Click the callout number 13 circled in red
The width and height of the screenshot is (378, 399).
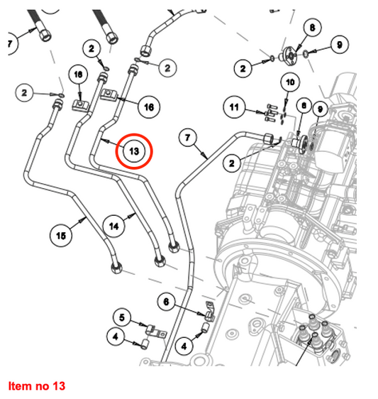tap(134, 151)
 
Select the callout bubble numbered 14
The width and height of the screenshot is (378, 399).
tap(114, 226)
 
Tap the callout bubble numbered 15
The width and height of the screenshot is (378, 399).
tap(61, 236)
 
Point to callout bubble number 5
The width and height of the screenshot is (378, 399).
tap(122, 317)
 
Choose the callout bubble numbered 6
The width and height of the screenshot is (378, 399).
tap(166, 302)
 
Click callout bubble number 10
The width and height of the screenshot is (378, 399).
tap(290, 82)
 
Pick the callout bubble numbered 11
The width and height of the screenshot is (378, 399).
tap(234, 107)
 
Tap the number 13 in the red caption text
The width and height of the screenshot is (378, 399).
tap(59, 386)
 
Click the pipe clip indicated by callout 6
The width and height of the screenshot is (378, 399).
tap(210, 311)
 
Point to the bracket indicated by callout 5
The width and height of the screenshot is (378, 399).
tap(155, 332)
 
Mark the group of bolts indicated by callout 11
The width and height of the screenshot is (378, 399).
tap(270, 113)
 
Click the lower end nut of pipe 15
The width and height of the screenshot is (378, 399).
tap(117, 268)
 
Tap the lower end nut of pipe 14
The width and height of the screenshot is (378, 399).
tap(160, 261)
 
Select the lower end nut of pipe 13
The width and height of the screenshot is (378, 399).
tap(174, 247)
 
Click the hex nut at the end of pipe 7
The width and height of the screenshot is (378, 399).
tap(269, 139)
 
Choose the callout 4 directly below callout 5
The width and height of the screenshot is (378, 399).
tap(116, 337)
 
